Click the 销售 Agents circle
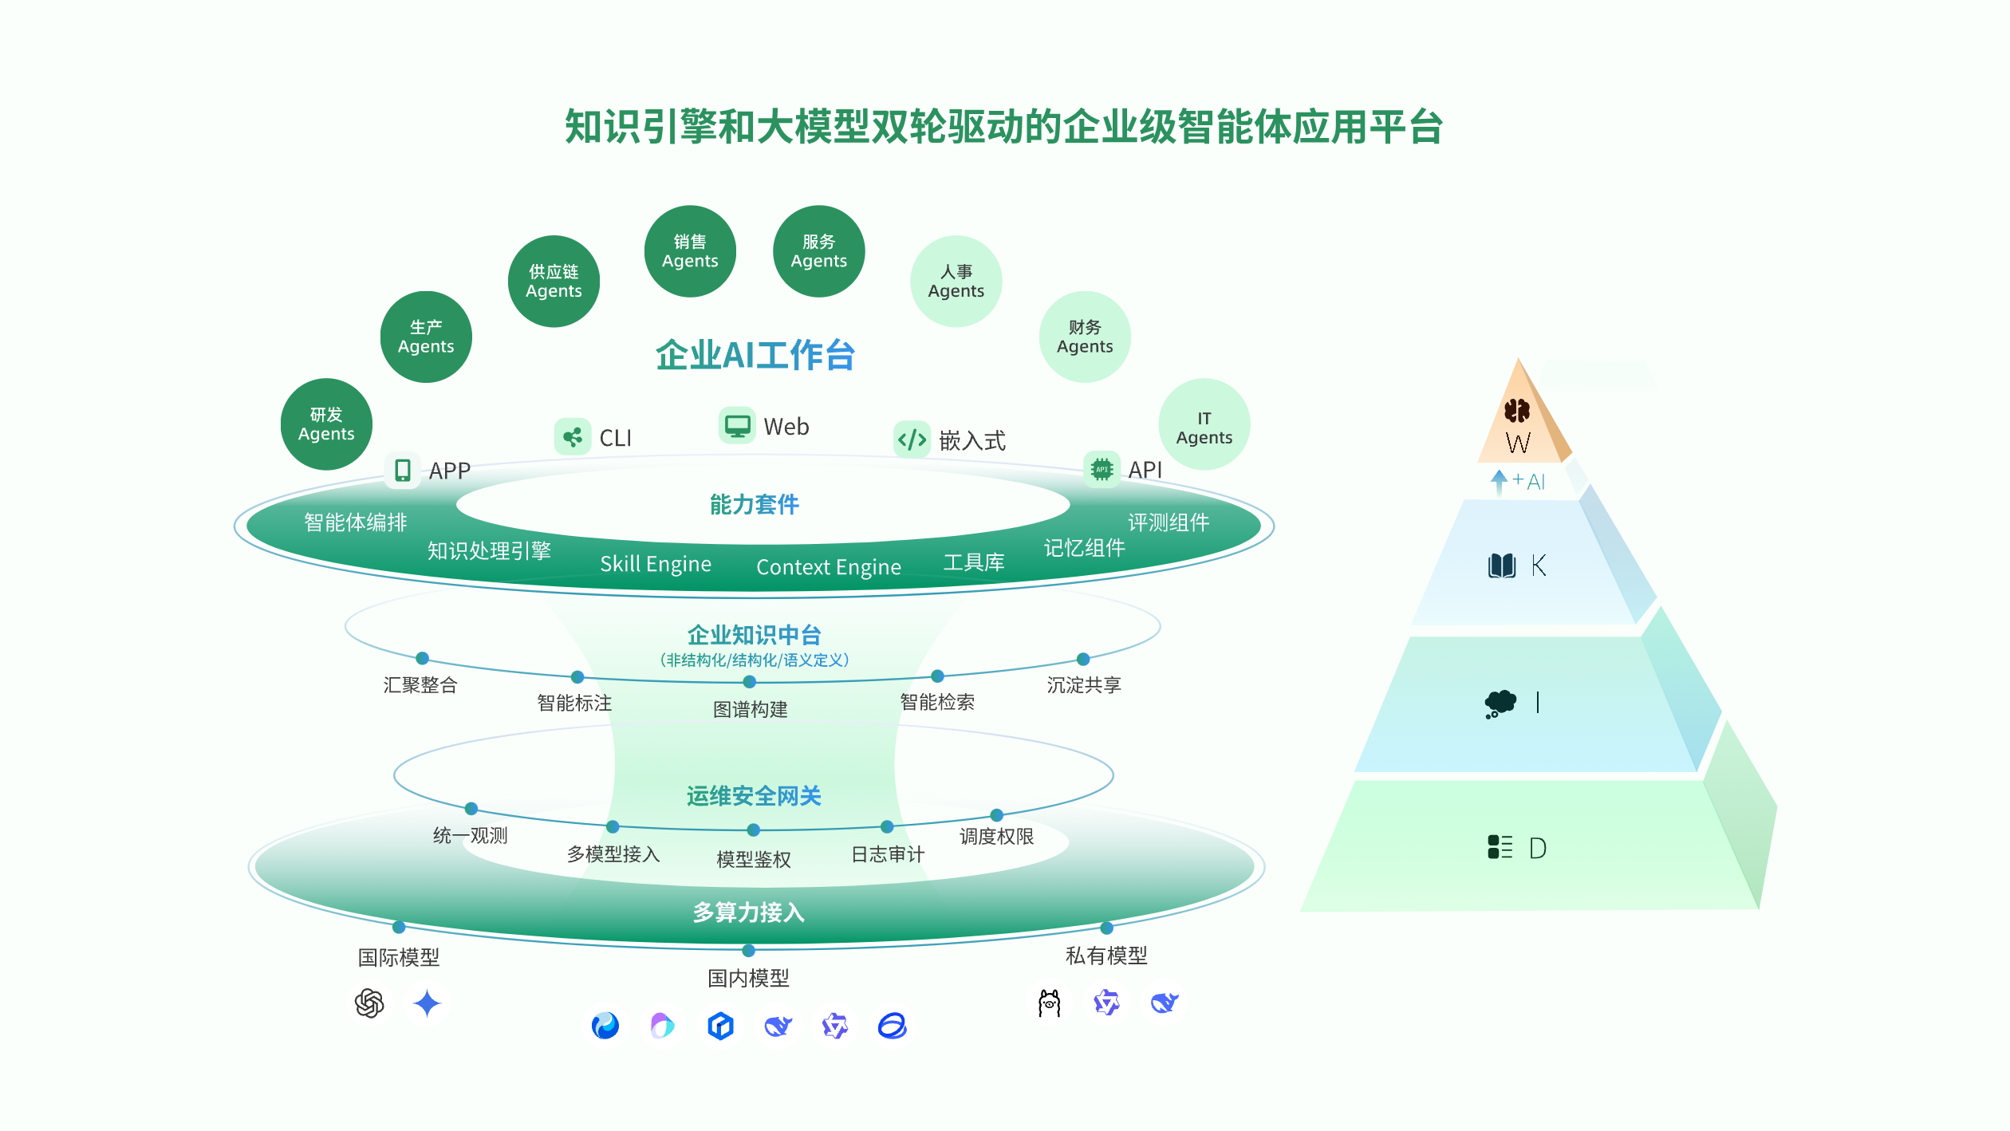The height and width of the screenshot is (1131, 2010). point(690,251)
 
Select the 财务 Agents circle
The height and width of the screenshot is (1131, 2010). point(1085,337)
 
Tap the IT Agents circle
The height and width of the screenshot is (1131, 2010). point(1204,425)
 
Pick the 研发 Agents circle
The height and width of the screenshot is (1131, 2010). point(326,424)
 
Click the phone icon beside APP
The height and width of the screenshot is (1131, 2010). point(403,470)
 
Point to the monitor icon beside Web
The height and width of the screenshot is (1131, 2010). point(737,425)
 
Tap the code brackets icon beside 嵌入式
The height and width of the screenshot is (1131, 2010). point(912,439)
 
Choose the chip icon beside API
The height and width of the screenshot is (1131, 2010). point(1102,469)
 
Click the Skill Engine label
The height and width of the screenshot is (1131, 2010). point(656,564)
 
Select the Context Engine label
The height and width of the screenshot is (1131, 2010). point(829,567)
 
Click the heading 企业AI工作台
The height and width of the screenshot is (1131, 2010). point(755,356)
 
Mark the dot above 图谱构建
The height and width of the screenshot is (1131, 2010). point(749,682)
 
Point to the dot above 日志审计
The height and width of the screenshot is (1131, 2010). point(887,826)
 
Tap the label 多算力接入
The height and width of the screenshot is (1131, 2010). point(749,912)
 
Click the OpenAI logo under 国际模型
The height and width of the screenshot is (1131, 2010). point(369,1003)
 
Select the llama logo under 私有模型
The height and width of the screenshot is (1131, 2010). point(1049,1003)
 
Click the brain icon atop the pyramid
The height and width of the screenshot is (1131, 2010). point(1516,411)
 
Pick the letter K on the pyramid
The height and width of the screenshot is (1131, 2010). point(1539,565)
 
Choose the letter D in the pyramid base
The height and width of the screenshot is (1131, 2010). point(1538,848)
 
